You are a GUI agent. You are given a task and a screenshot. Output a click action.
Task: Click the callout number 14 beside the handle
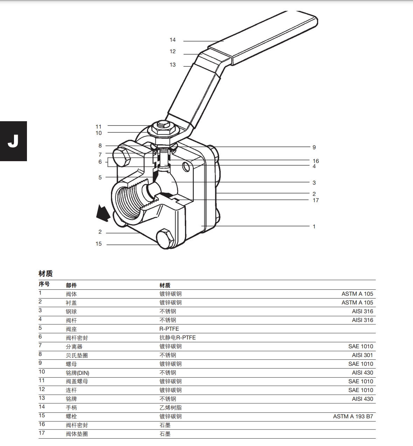[173, 40]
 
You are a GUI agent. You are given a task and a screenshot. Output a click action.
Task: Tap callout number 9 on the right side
[314, 147]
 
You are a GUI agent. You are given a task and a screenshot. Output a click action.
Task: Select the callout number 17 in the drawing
[316, 200]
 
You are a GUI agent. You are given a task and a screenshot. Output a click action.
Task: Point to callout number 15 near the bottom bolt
[99, 244]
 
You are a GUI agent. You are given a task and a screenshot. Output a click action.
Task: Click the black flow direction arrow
[103, 213]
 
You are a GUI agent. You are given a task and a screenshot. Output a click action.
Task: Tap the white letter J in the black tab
[13, 141]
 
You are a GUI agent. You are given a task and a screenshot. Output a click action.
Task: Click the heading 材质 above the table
[45, 274]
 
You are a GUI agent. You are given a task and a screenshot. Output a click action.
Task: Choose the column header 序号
[44, 284]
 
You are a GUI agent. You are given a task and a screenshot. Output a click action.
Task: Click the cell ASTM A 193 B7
[353, 417]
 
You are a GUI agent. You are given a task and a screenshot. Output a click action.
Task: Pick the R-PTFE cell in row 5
[169, 329]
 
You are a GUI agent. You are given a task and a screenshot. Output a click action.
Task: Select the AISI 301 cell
[362, 355]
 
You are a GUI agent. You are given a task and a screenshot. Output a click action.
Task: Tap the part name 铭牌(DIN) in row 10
[77, 373]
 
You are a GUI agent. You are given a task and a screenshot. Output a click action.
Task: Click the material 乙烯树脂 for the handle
[170, 408]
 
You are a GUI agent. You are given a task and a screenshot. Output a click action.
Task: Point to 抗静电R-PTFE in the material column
[177, 338]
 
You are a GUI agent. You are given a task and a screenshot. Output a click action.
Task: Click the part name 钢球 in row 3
[71, 311]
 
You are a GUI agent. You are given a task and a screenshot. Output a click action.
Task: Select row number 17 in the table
[42, 433]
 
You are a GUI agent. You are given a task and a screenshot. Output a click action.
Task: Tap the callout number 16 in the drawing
[316, 161]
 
